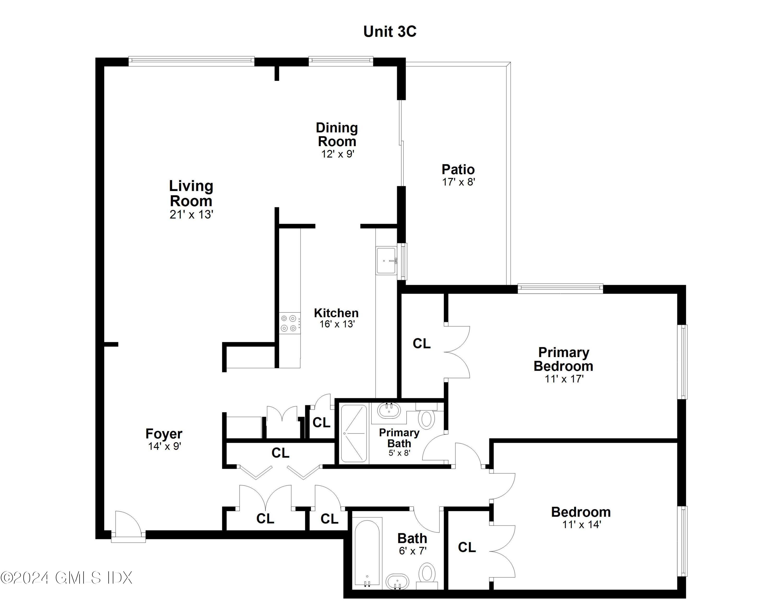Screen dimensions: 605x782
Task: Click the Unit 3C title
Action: [390, 32]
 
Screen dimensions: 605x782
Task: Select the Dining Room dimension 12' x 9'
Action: [337, 154]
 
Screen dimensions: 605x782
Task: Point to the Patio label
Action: [458, 170]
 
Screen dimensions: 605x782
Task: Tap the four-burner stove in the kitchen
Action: [290, 323]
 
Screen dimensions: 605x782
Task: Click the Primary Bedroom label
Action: [563, 359]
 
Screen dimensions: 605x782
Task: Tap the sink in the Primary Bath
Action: [389, 411]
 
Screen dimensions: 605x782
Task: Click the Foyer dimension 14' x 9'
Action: [164, 446]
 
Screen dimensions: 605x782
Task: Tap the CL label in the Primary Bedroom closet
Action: [421, 343]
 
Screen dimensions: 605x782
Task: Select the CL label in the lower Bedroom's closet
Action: [467, 547]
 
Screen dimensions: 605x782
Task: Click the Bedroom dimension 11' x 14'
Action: [581, 525]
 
